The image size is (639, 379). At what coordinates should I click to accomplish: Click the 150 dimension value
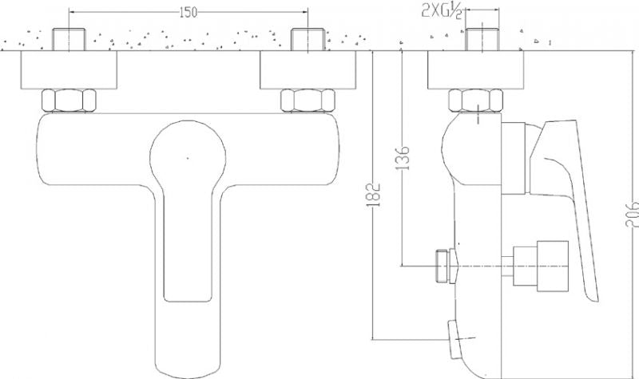pos(188,13)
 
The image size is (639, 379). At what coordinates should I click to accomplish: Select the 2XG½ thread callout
pos(442,11)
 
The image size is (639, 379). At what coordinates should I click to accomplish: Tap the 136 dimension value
pos(403,157)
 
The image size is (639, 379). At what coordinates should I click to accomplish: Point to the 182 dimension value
pos(374,195)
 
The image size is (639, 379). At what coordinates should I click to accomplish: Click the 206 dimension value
pos(631,212)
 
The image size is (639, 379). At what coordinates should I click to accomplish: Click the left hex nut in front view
pos(69,101)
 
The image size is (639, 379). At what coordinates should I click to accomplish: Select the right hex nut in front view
pos(308,101)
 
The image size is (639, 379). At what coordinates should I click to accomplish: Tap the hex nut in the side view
pos(475,101)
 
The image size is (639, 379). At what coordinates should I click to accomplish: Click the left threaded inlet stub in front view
pos(69,39)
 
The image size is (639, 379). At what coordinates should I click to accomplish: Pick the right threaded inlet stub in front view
pos(308,39)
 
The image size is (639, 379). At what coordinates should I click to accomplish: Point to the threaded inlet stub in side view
pos(482,39)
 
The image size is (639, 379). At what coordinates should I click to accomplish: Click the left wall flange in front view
pos(69,69)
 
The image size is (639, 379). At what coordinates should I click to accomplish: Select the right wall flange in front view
pos(308,69)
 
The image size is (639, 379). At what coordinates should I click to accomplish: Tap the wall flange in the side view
pos(475,69)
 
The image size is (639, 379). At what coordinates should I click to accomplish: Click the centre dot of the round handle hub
pos(188,157)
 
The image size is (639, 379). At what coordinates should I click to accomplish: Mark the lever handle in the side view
pos(570,195)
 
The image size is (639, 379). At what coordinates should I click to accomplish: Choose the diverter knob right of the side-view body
pos(541,266)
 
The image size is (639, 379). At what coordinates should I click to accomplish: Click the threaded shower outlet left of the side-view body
pos(447,266)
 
